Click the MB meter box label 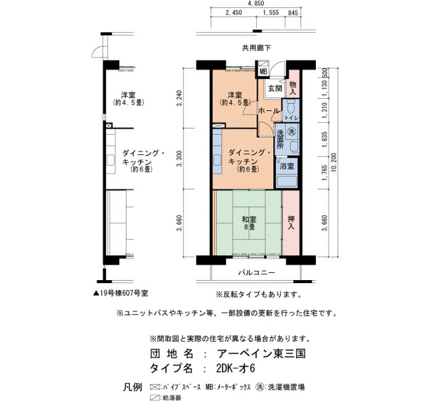pos(264,72)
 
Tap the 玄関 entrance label pos(275,89)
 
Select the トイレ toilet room pos(291,110)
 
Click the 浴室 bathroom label pos(287,166)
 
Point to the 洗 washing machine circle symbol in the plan pos(291,132)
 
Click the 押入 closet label pos(291,223)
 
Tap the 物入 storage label pos(293,88)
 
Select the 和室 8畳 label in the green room pos(249,223)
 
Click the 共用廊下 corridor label pos(257,48)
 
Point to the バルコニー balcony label pos(257,273)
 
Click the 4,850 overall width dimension pos(256,4)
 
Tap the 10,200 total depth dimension pos(334,162)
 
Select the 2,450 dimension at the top pos(234,13)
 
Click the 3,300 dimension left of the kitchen pos(180,159)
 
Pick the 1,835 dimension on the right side pos(325,139)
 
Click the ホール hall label pos(269,110)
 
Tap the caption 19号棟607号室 pos(121,293)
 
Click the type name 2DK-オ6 pos(236,368)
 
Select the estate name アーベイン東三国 pos(261,353)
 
